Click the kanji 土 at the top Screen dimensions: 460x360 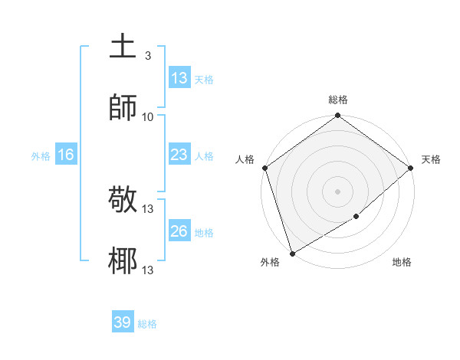(x=123, y=47)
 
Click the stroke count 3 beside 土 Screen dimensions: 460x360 (x=147, y=56)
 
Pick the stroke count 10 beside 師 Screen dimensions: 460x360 (x=148, y=116)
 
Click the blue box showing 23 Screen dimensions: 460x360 (x=179, y=155)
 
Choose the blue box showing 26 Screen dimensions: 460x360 (x=179, y=231)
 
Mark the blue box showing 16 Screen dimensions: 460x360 (x=65, y=155)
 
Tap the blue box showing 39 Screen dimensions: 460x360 (x=123, y=322)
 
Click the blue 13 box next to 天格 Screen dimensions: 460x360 (x=179, y=78)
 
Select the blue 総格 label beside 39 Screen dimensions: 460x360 (x=147, y=324)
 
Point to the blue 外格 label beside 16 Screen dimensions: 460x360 (x=41, y=155)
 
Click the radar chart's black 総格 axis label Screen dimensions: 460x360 (x=338, y=100)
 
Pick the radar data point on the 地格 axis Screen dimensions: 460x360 (x=356, y=217)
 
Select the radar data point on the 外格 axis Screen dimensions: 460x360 (x=291, y=253)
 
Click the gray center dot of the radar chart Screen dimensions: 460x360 (x=337, y=191)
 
